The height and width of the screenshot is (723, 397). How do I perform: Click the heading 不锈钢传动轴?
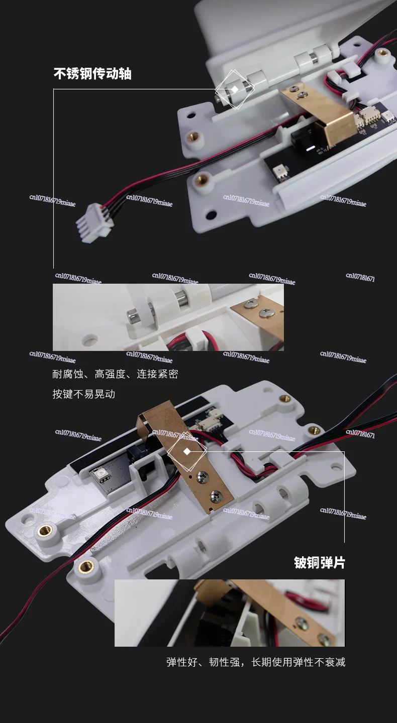point(92,74)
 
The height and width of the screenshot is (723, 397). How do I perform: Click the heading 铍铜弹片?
point(320,562)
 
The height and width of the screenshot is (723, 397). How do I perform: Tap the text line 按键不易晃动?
point(84,394)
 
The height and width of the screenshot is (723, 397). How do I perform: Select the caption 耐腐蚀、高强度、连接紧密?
point(115,374)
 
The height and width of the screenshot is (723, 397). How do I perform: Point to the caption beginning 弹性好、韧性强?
point(256,662)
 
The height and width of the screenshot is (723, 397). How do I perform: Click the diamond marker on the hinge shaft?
point(235,89)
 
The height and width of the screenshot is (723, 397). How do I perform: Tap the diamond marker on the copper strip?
point(187,451)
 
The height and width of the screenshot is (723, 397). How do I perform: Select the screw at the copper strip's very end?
point(215,497)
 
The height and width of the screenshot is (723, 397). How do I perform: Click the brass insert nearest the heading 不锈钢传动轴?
point(192,137)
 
